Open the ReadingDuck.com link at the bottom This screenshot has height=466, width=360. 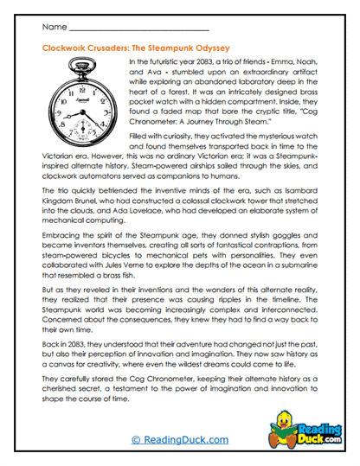(x=178, y=440)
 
